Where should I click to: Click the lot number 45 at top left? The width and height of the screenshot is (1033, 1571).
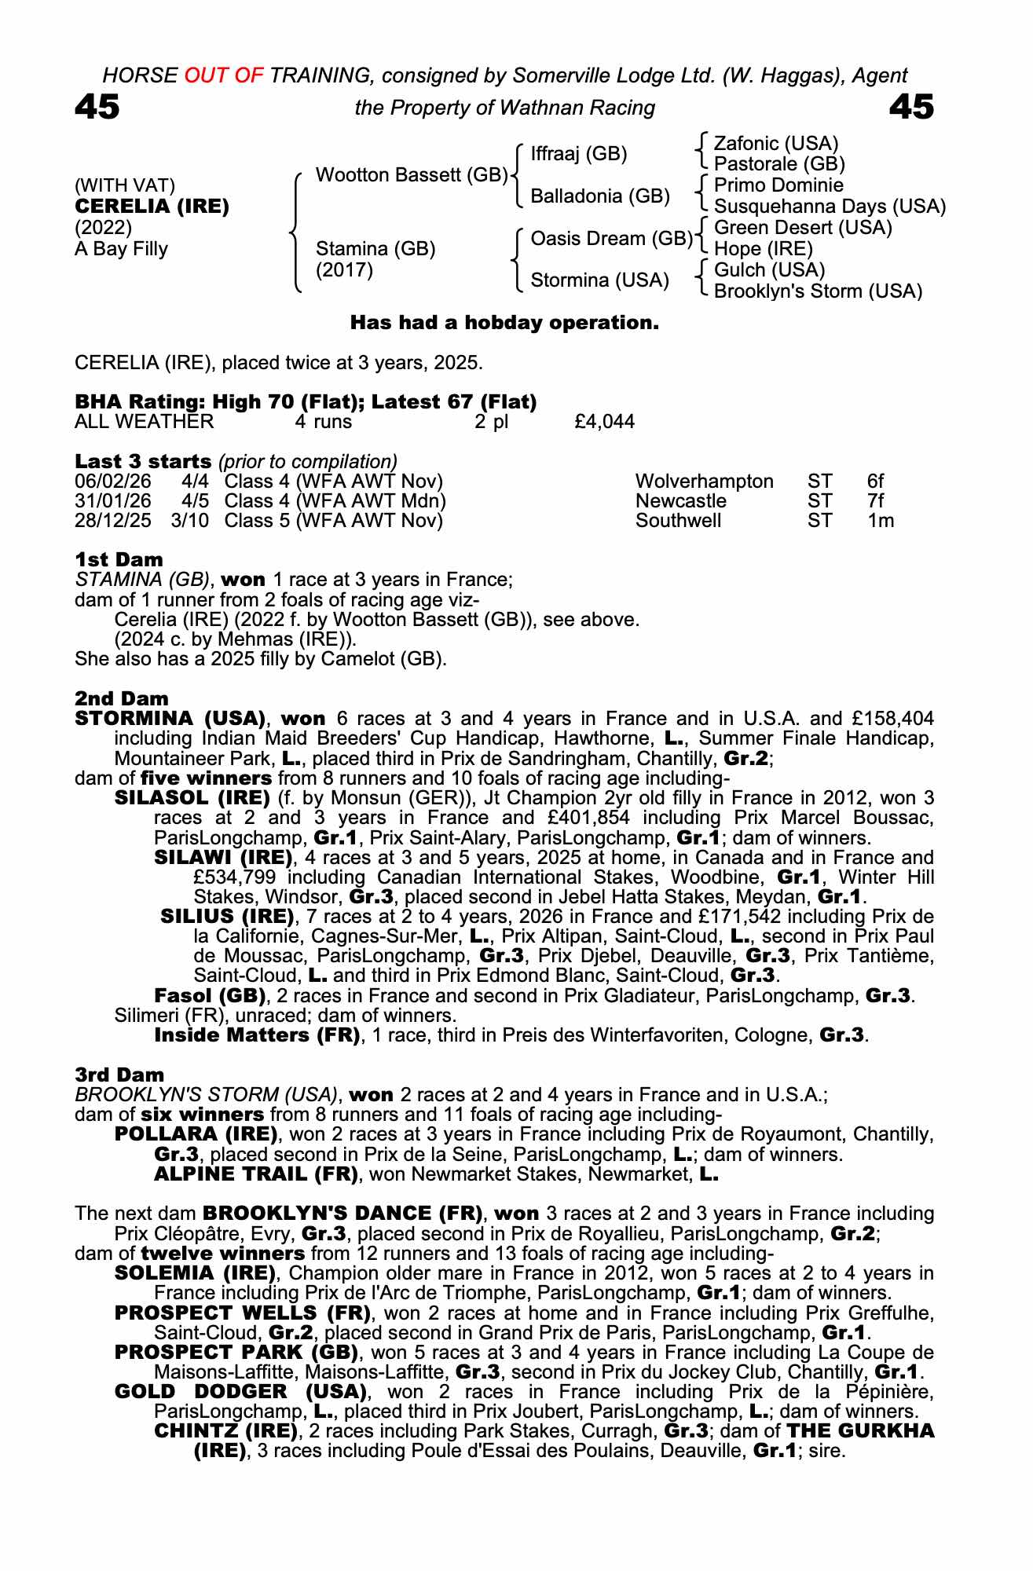(97, 107)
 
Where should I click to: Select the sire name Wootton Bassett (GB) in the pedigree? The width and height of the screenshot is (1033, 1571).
(411, 175)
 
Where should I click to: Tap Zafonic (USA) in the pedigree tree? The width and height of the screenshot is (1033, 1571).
(775, 144)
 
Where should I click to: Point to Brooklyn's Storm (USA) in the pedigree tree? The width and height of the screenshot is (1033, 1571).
(817, 291)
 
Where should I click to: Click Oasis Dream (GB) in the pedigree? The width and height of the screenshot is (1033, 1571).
(611, 238)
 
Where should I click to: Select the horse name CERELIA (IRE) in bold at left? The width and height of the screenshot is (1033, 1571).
(152, 207)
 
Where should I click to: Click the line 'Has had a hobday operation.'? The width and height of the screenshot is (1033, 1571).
(504, 323)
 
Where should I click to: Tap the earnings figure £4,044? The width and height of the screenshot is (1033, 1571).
(604, 423)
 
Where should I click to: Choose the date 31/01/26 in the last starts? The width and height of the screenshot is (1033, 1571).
(112, 501)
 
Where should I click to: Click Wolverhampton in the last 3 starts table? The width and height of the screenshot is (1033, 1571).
(704, 482)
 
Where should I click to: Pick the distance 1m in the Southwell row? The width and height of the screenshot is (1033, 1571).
(881, 521)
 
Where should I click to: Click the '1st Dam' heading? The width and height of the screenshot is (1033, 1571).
(119, 560)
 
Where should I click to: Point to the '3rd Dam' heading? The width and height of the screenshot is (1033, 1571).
(119, 1075)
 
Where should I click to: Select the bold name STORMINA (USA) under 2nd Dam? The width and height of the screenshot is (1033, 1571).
(169, 719)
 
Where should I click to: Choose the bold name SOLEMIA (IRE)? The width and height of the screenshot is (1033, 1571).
(195, 1273)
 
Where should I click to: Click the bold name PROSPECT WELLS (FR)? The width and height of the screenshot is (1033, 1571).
(242, 1313)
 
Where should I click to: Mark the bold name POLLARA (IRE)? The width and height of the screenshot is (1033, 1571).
(196, 1135)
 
